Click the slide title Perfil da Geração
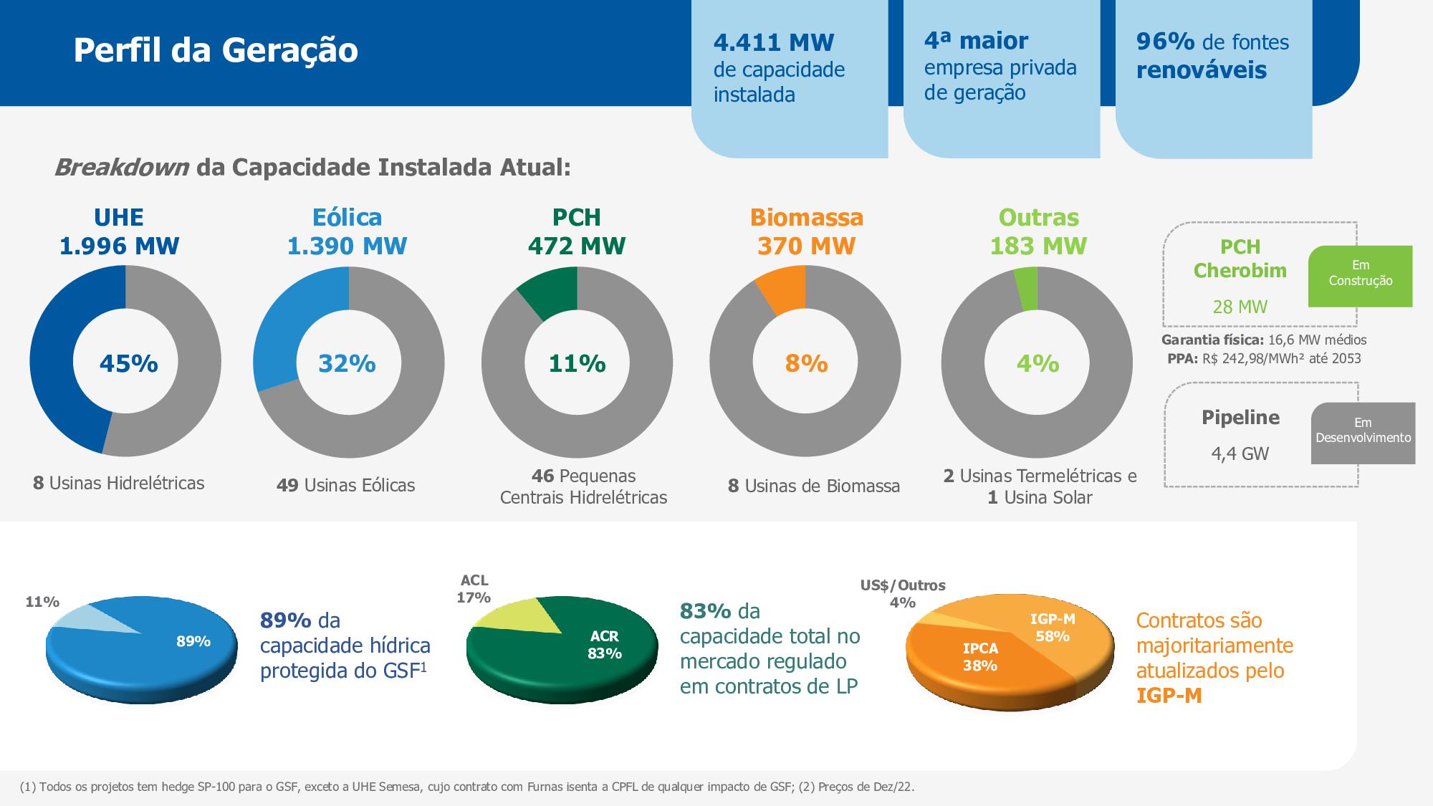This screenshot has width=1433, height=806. [x=216, y=50]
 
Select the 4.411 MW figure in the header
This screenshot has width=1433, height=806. [x=774, y=42]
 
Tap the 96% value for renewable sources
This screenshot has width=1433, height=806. [x=1165, y=42]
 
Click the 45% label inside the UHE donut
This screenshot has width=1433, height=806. [x=128, y=363]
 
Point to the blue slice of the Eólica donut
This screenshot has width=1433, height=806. [x=287, y=322]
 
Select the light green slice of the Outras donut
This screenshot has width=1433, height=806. [x=1027, y=288]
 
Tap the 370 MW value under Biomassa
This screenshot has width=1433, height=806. [x=806, y=246]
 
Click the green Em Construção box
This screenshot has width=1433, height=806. [x=1360, y=276]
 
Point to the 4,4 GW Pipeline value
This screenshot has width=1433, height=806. [x=1240, y=454]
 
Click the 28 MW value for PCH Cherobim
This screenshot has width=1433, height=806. [x=1240, y=307]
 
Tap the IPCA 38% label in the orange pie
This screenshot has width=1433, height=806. [x=979, y=656]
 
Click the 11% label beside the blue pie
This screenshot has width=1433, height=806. [x=42, y=602]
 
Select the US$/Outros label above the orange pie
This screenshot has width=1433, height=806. [x=903, y=585]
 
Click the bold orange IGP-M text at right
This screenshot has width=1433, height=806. [x=1169, y=695]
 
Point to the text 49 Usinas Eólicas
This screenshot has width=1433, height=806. [x=345, y=485]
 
